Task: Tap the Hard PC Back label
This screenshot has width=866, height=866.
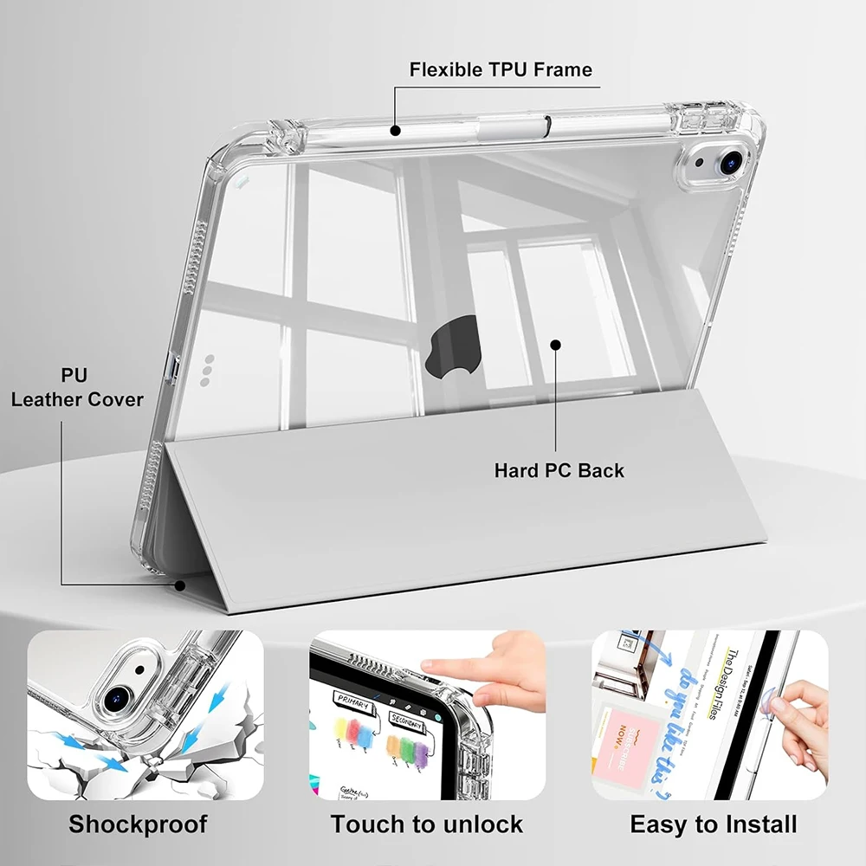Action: [559, 471]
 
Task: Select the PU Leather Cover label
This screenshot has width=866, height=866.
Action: [77, 387]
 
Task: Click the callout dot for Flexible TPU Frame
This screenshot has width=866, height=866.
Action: [395, 131]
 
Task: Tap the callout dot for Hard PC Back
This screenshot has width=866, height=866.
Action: [556, 345]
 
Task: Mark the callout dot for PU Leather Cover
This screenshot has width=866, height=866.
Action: [180, 585]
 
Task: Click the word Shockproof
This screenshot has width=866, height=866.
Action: [138, 823]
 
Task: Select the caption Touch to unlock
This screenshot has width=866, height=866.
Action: [426, 823]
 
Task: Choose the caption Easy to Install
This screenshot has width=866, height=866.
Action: [714, 823]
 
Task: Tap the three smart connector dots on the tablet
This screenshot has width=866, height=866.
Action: [207, 367]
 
